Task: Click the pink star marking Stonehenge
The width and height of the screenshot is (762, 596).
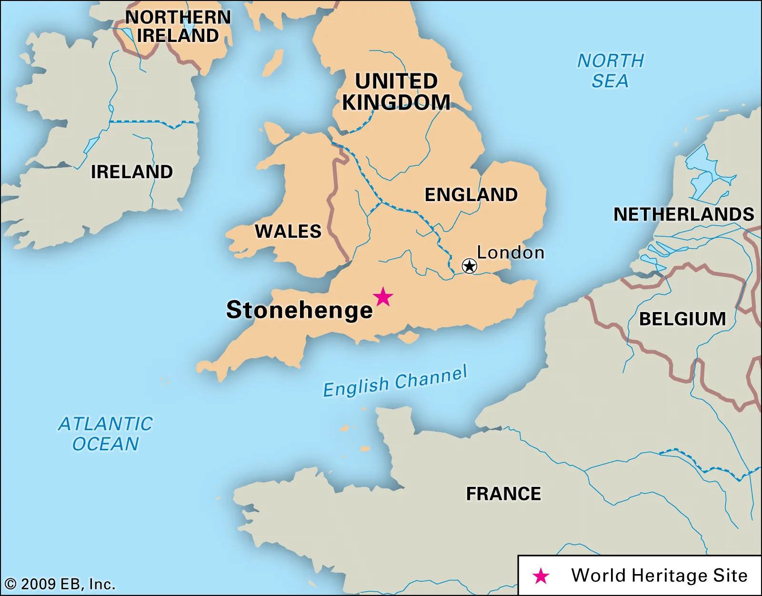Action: [383, 297]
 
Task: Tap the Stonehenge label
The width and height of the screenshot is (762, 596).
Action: [299, 310]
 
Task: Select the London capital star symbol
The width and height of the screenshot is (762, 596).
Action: [470, 266]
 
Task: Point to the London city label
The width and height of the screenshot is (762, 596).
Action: [511, 253]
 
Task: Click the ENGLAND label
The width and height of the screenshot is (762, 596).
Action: [471, 195]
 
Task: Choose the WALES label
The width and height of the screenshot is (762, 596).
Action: [288, 232]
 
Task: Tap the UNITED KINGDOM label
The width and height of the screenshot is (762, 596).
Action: [396, 91]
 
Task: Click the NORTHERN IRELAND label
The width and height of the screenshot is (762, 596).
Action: [178, 26]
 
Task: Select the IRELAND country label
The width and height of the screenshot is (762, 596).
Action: [132, 172]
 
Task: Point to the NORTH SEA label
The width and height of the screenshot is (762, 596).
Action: [611, 71]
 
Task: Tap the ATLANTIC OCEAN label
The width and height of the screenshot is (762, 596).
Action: [106, 434]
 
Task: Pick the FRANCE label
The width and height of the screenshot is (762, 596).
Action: [503, 494]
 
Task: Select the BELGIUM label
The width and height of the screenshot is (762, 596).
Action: [682, 319]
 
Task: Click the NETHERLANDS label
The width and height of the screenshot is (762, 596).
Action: [683, 214]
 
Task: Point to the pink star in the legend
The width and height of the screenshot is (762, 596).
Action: [541, 576]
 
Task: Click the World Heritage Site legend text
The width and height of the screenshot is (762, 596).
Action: [659, 576]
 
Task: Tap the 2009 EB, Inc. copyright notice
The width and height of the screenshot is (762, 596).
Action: [60, 584]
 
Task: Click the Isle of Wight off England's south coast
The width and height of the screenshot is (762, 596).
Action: [409, 338]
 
